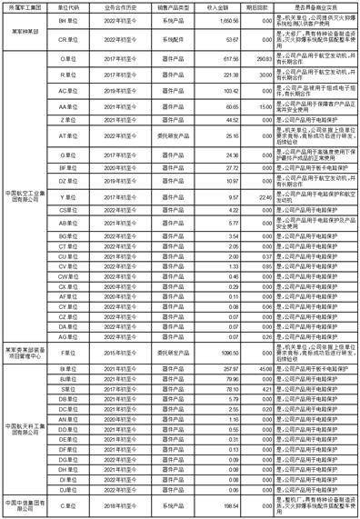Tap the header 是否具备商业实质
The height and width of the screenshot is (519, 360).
coord(313,6)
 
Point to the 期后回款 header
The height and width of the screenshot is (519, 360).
coord(258,6)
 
